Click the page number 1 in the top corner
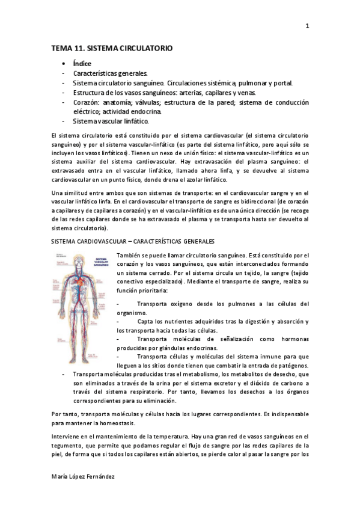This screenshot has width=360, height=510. [x=307, y=26]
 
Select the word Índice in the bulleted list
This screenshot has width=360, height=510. [x=82, y=63]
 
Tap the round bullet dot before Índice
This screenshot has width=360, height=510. [x=63, y=63]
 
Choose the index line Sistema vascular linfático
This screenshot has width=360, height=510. [x=111, y=121]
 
